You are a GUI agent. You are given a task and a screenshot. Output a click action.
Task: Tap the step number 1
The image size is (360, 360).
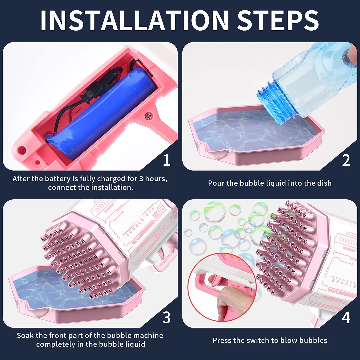[167, 160]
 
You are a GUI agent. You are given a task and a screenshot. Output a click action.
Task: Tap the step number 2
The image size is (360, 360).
[346, 160]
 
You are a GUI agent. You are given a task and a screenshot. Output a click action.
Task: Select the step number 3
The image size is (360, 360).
[166, 318]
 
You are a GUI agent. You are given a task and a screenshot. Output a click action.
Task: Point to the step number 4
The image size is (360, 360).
[346, 318]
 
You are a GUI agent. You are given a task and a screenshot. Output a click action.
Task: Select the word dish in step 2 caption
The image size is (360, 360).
[324, 183]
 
